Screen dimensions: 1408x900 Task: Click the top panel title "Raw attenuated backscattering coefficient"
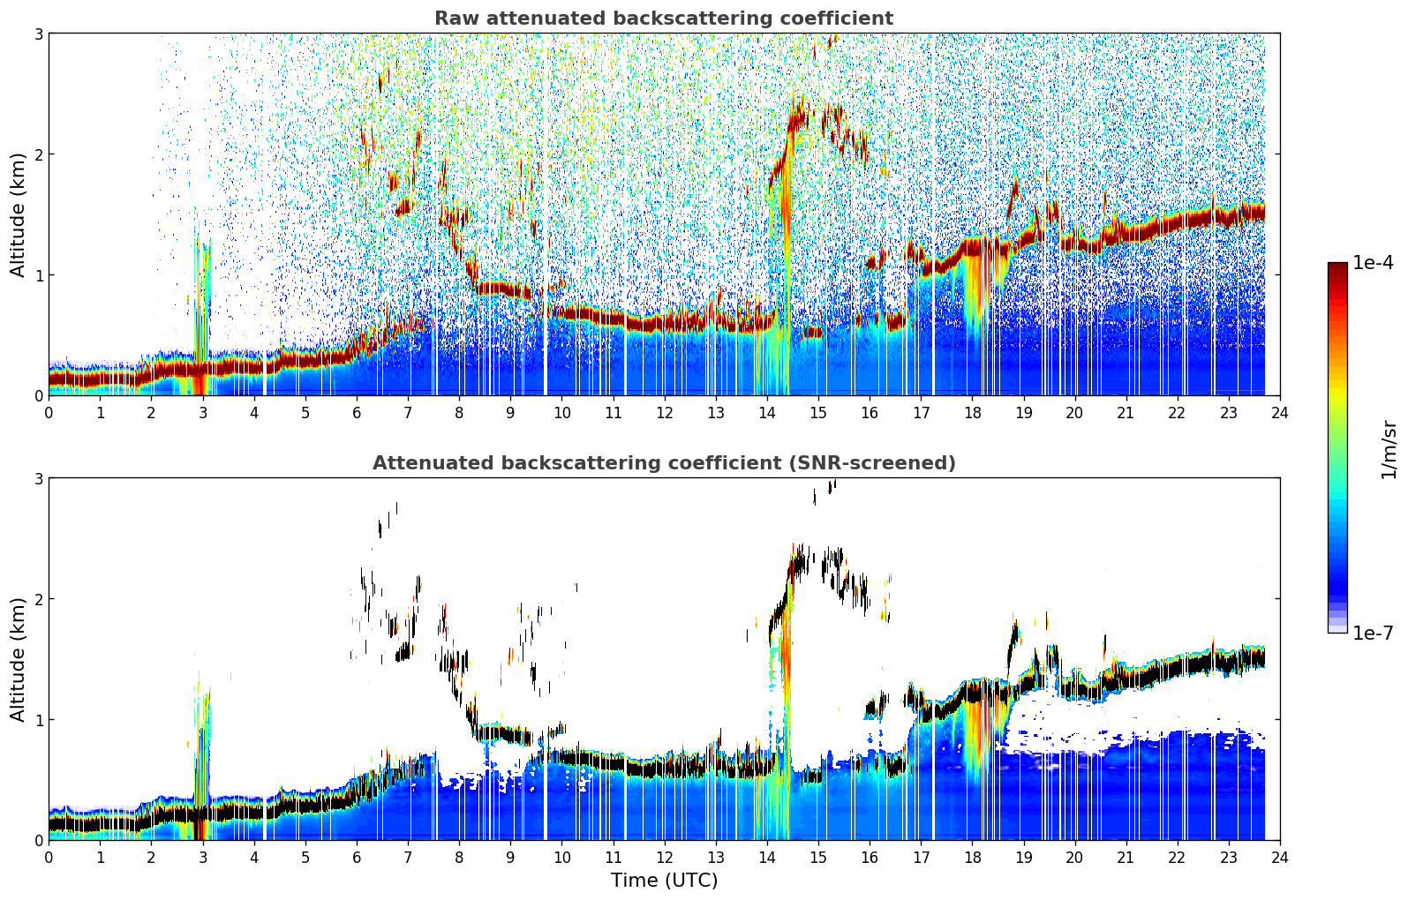664,19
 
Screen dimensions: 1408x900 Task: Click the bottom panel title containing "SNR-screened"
664,462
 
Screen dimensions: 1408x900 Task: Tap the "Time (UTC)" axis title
664,880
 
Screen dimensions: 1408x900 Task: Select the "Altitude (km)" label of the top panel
18,215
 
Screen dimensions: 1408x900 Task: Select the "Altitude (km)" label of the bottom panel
18,659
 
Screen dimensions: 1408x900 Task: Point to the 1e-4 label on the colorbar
1373,263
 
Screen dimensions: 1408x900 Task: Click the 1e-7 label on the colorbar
1373,633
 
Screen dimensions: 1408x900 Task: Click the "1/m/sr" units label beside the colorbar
1389,451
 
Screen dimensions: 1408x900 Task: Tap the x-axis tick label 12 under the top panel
665,413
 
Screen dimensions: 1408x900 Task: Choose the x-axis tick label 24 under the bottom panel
1280,858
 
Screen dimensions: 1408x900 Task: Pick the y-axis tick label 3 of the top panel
38,34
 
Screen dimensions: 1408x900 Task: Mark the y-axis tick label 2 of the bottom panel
38,599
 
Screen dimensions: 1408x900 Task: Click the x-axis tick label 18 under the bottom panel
973,858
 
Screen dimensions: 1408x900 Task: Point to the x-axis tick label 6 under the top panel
357,413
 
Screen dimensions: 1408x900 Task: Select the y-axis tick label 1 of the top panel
38,275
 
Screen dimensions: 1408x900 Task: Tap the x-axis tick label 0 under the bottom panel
49,858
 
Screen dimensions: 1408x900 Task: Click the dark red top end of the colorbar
1337,266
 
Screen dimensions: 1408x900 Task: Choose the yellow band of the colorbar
1337,393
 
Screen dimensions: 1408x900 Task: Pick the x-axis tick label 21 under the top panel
1126,413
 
